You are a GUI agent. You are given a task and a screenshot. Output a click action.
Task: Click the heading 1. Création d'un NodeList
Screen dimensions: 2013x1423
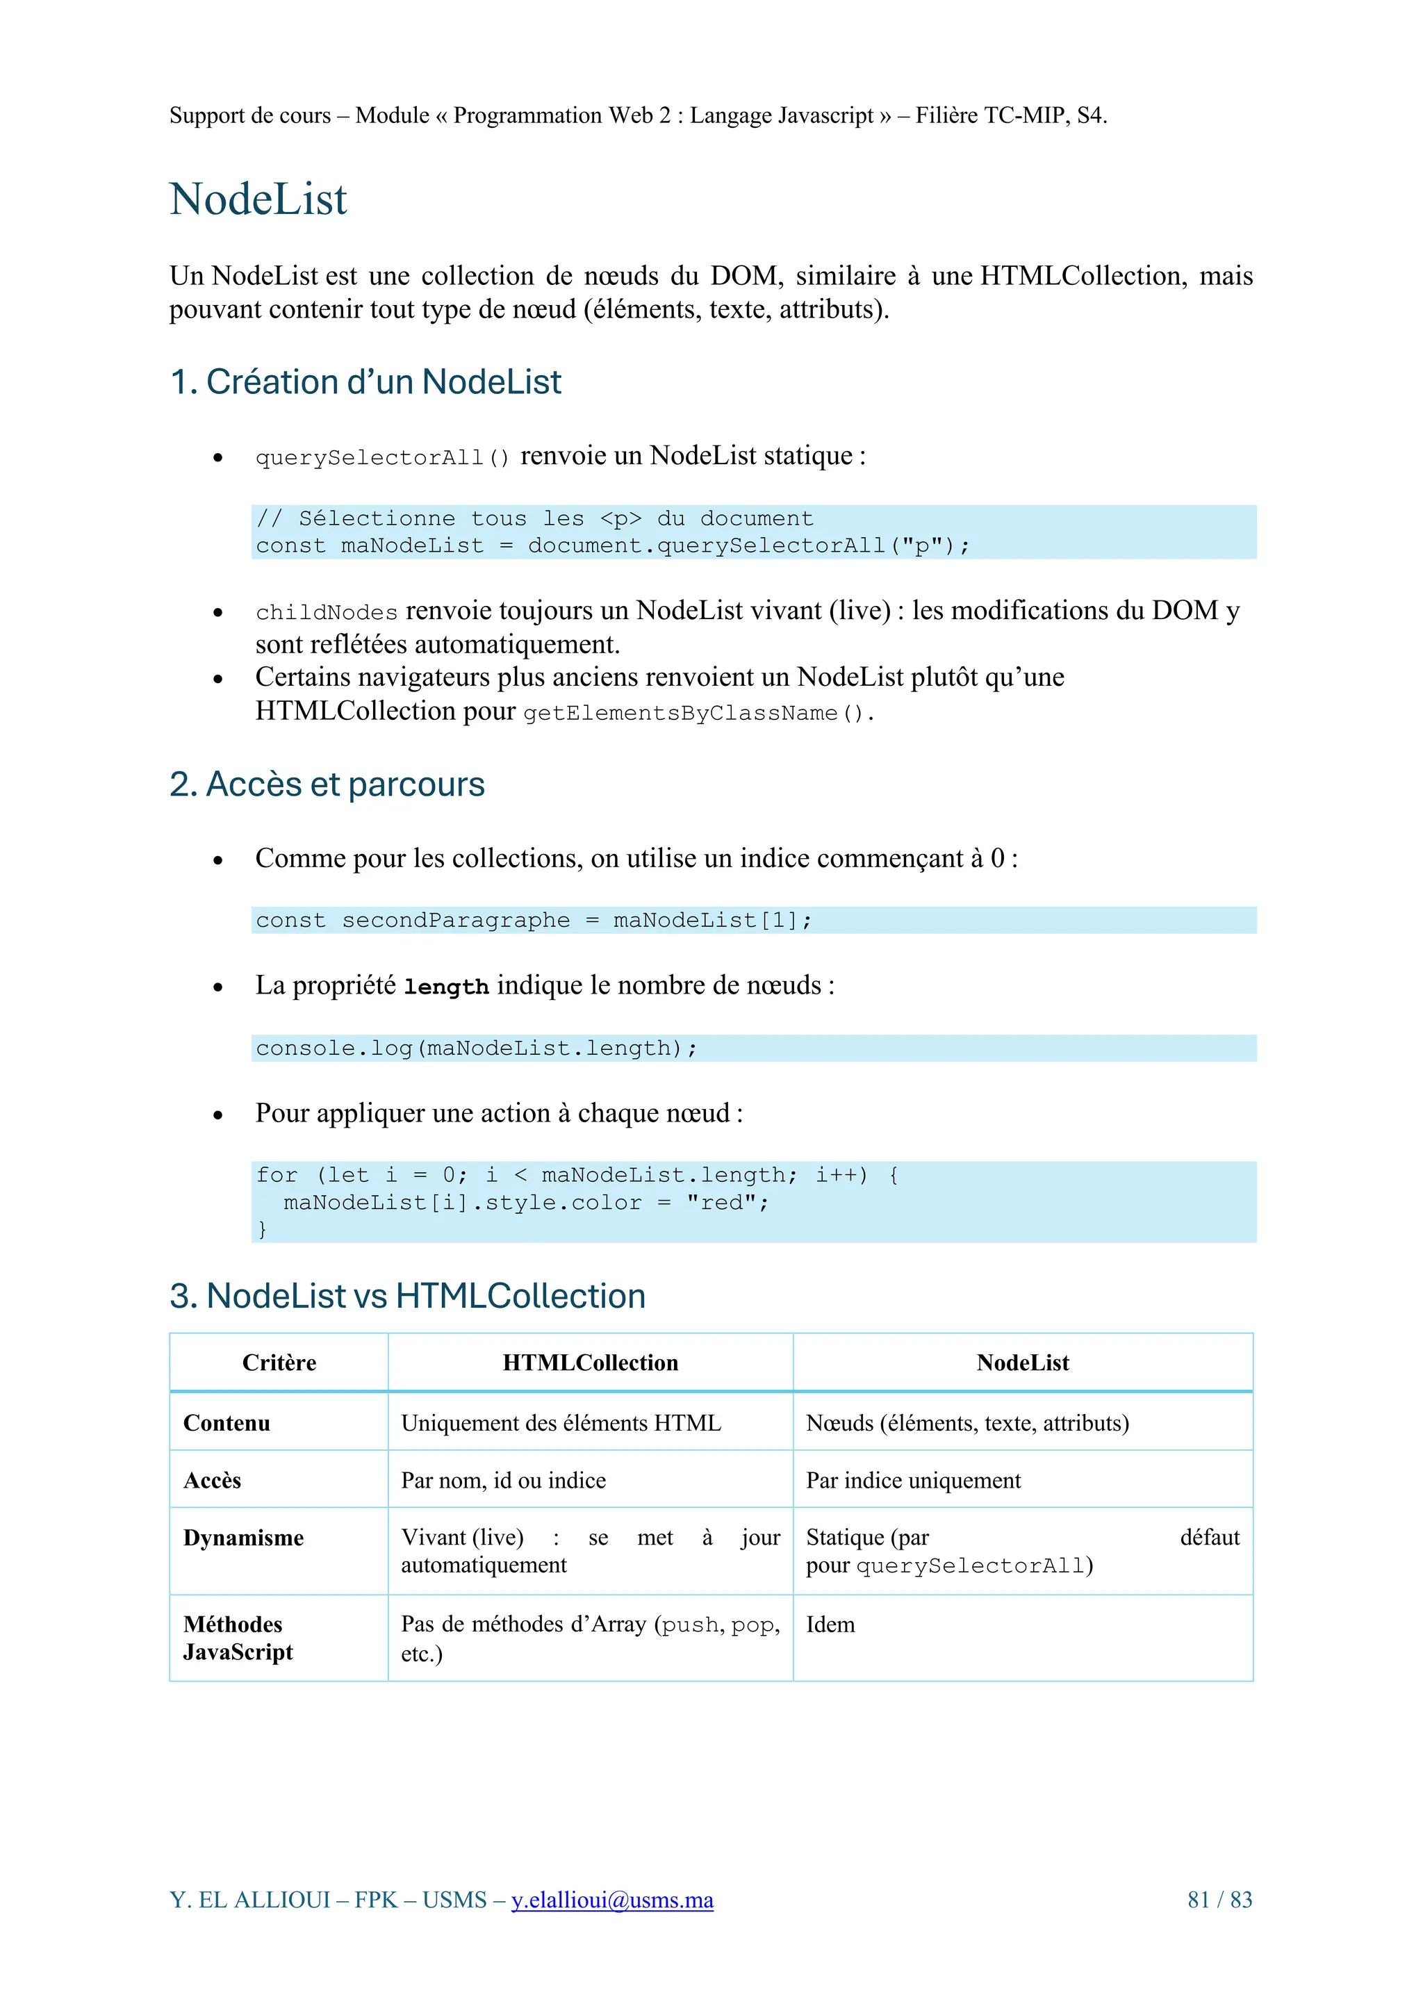pos(365,382)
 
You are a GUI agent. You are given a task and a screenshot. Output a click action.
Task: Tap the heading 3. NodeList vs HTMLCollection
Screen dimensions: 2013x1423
pos(407,1296)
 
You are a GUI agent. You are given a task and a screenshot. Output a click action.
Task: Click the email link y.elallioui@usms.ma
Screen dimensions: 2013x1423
pos(612,1899)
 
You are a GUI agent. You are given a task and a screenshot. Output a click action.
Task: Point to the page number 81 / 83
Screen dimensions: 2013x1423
pos(1219,1899)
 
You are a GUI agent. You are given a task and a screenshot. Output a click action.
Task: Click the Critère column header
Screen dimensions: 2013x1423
pos(279,1363)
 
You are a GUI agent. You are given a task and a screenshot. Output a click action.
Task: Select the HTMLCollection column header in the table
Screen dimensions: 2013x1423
pos(590,1363)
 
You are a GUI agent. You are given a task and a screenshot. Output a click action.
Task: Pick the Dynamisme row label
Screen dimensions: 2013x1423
pos(243,1538)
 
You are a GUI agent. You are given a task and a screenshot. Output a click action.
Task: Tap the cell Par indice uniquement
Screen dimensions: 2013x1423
pos(913,1481)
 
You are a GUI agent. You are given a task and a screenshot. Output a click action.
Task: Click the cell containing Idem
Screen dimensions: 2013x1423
pos(830,1625)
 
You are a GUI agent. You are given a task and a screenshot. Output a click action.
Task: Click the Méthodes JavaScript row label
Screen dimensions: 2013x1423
pos(237,1638)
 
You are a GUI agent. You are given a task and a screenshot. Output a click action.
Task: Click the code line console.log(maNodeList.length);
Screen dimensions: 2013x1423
pos(476,1049)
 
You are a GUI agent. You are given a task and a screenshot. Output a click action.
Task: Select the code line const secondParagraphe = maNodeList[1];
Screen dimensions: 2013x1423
pos(533,921)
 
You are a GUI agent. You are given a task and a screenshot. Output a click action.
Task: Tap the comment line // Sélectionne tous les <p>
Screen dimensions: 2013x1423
pos(534,519)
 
